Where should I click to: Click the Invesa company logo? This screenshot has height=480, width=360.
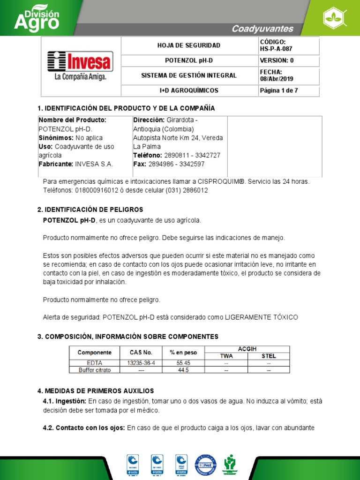(79, 66)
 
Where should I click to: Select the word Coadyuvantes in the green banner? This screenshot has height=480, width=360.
(262, 29)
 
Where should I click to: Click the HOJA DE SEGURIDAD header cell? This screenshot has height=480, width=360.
(188, 45)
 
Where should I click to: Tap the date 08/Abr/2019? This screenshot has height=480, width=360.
(277, 79)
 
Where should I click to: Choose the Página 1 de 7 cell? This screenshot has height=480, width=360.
(278, 90)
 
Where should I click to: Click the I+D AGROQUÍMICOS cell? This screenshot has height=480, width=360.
(188, 90)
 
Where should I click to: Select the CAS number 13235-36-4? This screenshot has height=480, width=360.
(141, 363)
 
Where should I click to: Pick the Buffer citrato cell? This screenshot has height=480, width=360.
(94, 370)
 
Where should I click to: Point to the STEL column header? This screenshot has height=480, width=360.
(269, 356)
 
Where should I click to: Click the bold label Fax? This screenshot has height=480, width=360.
(140, 164)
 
